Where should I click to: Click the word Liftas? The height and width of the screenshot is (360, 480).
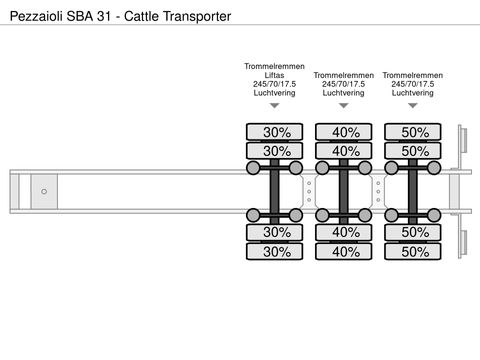[274, 75]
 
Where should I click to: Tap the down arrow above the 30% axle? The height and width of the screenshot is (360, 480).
[274, 105]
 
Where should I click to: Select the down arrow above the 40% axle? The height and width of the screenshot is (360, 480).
[343, 105]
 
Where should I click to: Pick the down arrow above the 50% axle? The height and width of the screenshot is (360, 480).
[413, 105]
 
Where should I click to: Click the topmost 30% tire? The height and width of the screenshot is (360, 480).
[276, 132]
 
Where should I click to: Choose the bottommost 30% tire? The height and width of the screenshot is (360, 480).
[276, 252]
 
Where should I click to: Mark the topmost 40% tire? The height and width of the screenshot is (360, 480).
[345, 132]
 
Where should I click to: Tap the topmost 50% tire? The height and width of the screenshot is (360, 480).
[414, 132]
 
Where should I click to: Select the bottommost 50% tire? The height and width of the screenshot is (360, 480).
[414, 252]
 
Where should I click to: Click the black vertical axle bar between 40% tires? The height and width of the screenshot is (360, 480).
[345, 191]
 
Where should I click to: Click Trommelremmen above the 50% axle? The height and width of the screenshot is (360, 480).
[413, 75]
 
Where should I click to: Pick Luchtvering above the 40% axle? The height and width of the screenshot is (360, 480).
[343, 93]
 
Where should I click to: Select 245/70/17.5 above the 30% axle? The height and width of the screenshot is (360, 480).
[274, 84]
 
